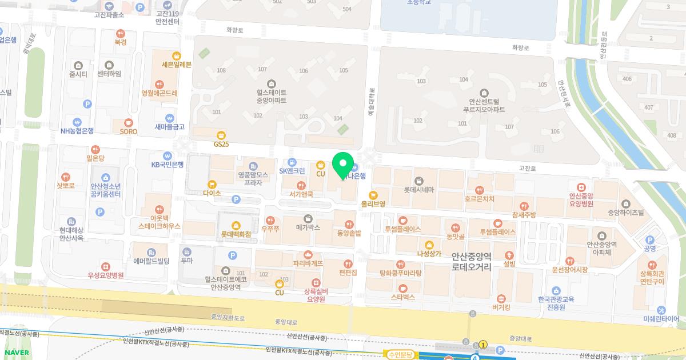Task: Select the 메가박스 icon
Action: pyautogui.click(x=308, y=219)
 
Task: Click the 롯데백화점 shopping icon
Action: pyautogui.click(x=236, y=225)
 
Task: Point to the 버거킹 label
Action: pyautogui.click(x=501, y=307)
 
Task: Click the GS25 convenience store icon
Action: pyautogui.click(x=221, y=135)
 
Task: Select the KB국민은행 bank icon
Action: pyautogui.click(x=167, y=155)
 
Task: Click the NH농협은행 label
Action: pyautogui.click(x=77, y=130)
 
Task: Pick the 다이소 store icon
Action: pyautogui.click(x=212, y=185)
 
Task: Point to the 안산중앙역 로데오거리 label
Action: pyautogui.click(x=471, y=262)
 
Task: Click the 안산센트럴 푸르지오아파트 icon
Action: pyautogui.click(x=484, y=93)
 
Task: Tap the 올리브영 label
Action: pyautogui.click(x=373, y=203)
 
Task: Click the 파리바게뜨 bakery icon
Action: pyautogui.click(x=308, y=254)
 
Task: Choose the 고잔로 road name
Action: pyautogui.click(x=527, y=169)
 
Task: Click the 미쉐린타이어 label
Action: pyautogui.click(x=661, y=319)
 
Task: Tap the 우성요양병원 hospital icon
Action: pyautogui.click(x=106, y=267)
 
